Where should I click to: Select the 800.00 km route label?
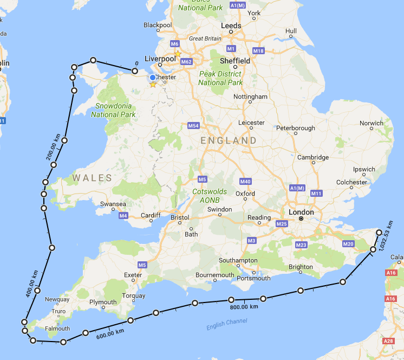point(243,307)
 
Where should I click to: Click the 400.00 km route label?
point(31,284)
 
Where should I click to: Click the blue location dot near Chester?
point(153,78)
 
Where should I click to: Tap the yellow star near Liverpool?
point(178,54)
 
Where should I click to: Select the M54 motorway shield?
point(194,126)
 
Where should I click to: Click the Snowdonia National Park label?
point(113,110)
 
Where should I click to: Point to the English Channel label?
point(226,324)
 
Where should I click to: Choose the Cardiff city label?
point(151,215)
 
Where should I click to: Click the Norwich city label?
point(372,123)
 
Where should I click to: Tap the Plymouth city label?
point(103,302)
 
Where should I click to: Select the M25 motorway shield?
point(281,224)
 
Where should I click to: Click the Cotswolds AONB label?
point(210,195)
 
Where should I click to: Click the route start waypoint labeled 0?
point(135,70)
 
